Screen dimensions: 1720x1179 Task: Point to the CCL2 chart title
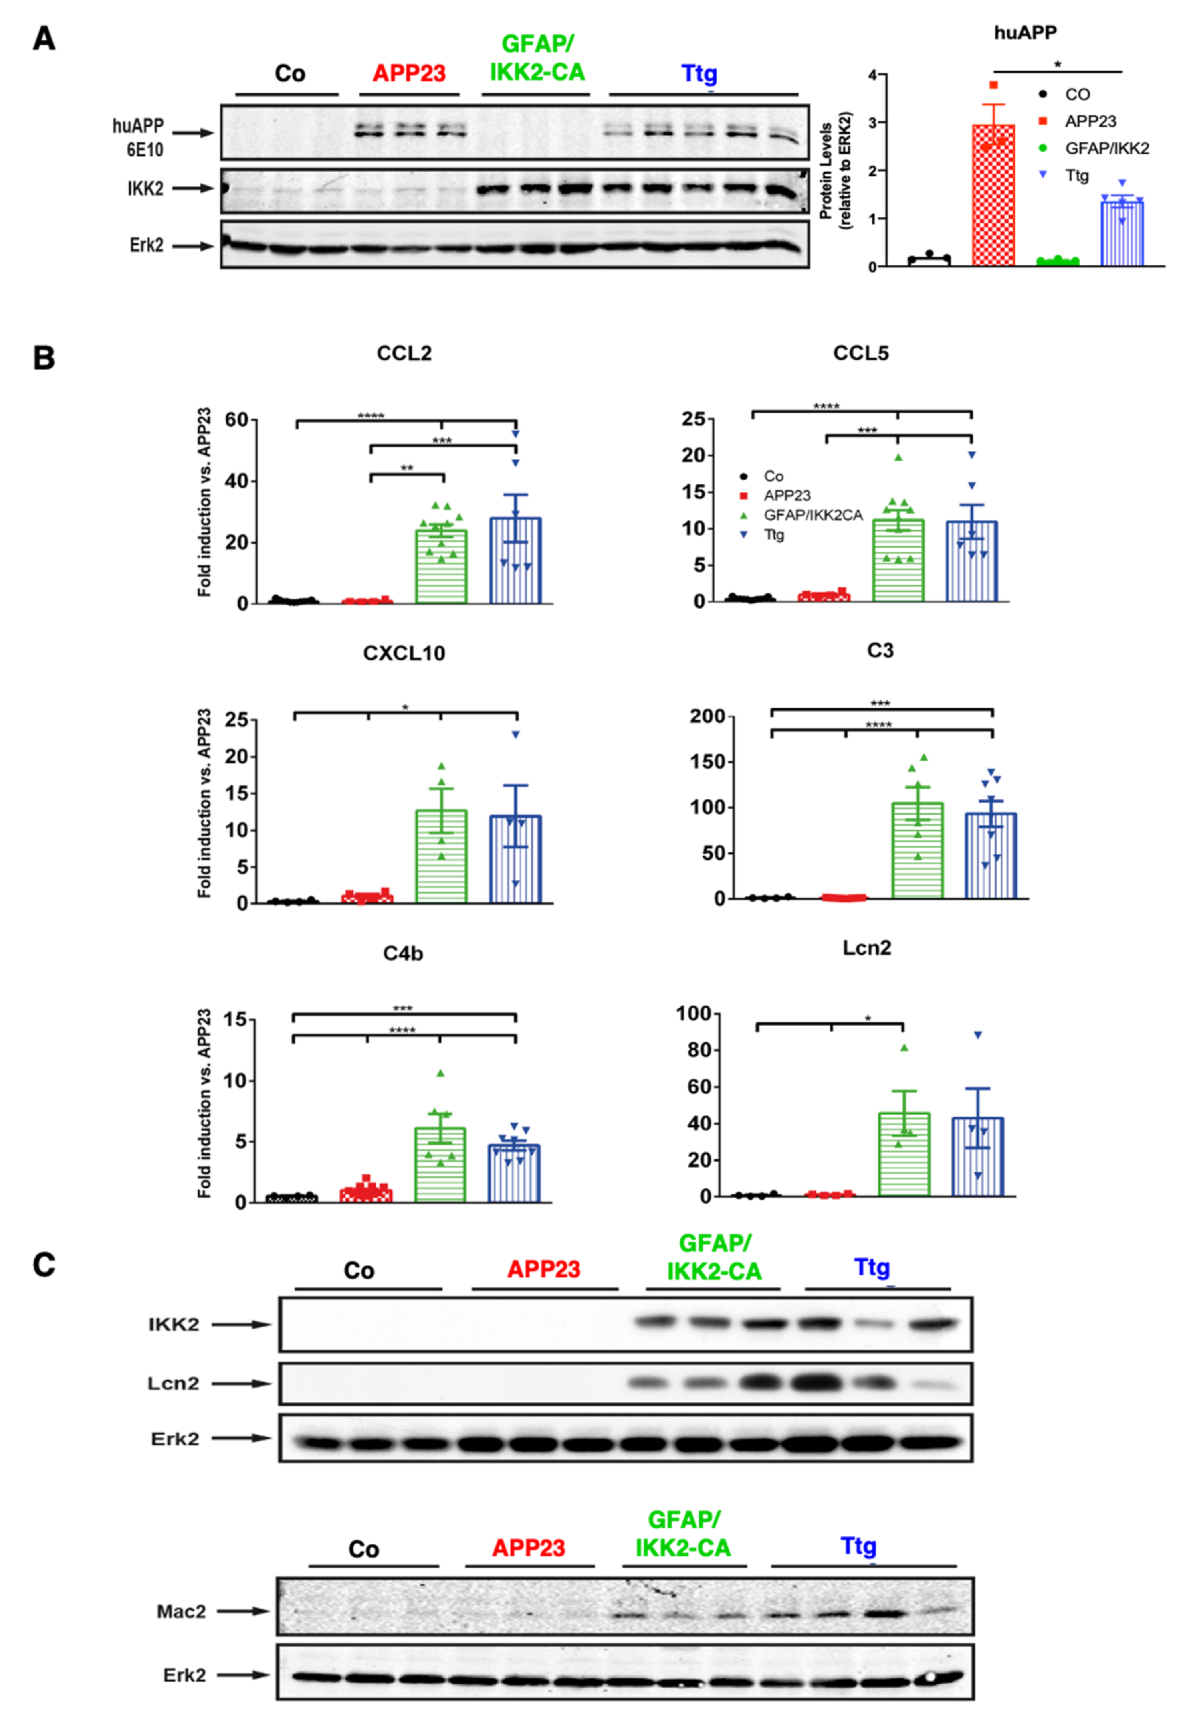pyautogui.click(x=404, y=353)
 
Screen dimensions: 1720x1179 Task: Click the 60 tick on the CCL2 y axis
pyautogui.click(x=237, y=420)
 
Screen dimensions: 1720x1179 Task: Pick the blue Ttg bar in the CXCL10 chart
pyautogui.click(x=515, y=858)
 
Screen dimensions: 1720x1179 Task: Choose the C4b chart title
pyautogui.click(x=403, y=953)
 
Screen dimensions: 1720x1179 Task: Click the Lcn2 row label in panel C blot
pyautogui.click(x=174, y=1383)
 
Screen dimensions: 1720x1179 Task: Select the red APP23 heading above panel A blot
pyautogui.click(x=409, y=73)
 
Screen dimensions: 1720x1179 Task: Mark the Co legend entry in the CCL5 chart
pyautogui.click(x=773, y=476)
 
